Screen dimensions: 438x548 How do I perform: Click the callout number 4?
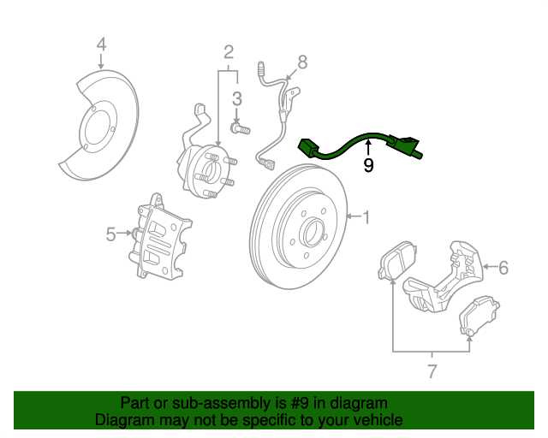point(101,44)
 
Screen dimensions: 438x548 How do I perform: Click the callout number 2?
point(229,52)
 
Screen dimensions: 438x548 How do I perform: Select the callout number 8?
point(301,62)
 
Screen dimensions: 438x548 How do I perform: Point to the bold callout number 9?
point(368,165)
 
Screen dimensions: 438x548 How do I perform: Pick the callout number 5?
point(110,234)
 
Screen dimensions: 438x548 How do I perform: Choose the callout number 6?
point(503,268)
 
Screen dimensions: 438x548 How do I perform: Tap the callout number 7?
point(432,371)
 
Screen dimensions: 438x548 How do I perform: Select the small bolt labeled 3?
point(241,130)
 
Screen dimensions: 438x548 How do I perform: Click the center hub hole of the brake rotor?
point(312,230)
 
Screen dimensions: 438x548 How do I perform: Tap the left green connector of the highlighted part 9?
point(308,148)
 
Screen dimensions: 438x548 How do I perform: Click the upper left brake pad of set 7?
point(395,261)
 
